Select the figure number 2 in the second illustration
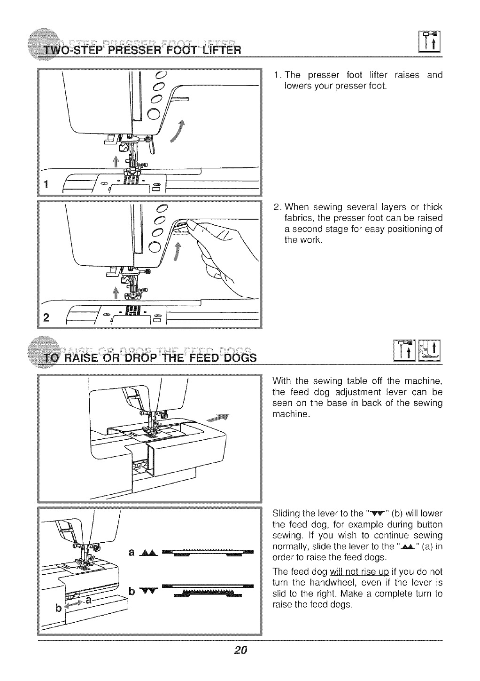pos(46,316)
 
